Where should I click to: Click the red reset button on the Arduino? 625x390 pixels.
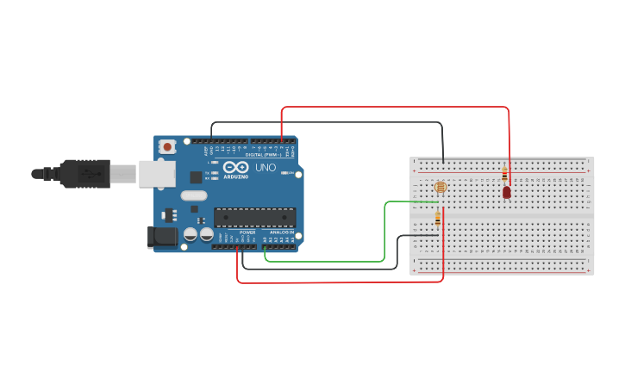pos(167,146)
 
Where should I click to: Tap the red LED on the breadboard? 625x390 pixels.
pos(506,193)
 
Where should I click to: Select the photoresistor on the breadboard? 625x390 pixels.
pos(441,187)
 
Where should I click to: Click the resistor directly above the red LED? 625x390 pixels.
pos(504,175)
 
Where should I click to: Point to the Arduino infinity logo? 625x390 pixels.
pos(235,167)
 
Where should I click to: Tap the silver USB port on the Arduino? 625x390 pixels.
pos(157,174)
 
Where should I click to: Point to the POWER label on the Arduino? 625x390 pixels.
pos(247,232)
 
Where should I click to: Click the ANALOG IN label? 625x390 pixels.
pos(281,232)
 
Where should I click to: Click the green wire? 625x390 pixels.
pos(384,232)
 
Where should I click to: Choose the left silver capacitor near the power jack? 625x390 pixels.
pos(190,234)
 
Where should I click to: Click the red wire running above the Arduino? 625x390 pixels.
pos(397,108)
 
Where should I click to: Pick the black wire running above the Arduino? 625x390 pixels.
pos(362,122)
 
